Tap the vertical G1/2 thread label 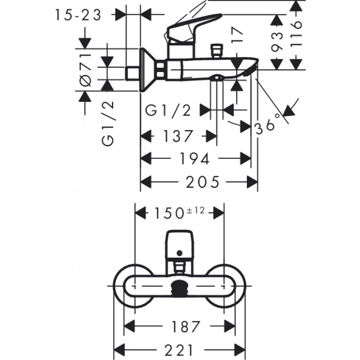[x=107, y=123]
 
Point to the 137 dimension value [x=178, y=136]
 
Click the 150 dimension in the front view [x=170, y=212]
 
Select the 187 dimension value [x=181, y=326]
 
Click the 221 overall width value [x=179, y=349]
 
